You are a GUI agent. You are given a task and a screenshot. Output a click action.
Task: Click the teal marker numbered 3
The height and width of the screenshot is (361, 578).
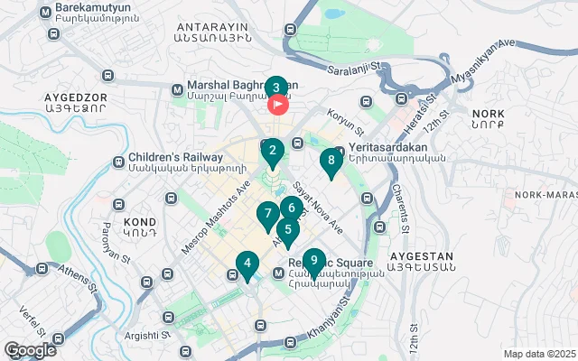coord(276,88)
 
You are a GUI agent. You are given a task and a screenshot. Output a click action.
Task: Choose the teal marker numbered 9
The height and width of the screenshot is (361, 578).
coord(312,262)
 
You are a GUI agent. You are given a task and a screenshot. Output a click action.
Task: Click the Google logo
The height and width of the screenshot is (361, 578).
coord(31,350)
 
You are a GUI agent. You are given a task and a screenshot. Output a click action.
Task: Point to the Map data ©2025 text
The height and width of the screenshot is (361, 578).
coord(538,354)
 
